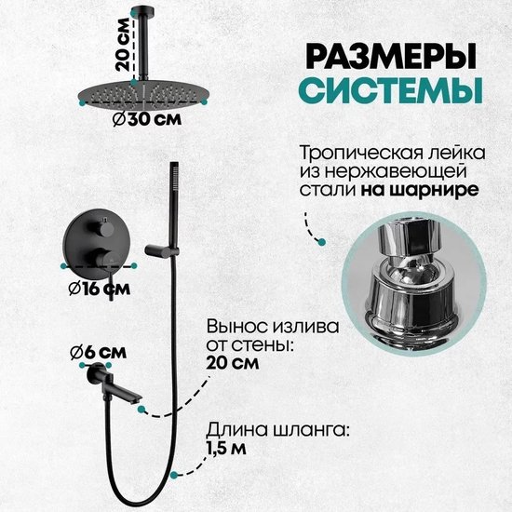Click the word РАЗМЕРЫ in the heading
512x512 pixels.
(391, 58)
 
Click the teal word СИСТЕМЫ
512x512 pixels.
(391, 89)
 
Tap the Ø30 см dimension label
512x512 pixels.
(146, 120)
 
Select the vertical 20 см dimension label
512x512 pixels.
(123, 45)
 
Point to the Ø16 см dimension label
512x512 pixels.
(100, 289)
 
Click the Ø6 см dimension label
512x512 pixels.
(99, 352)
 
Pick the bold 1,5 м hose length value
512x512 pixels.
(225, 450)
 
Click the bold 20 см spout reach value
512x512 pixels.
(233, 363)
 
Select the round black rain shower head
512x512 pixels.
(143, 94)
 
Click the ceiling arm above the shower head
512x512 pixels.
(143, 43)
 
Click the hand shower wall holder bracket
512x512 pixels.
(162, 250)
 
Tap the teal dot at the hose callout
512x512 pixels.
(174, 475)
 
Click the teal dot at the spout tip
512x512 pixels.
(141, 409)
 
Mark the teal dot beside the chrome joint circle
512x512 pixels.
(322, 242)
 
